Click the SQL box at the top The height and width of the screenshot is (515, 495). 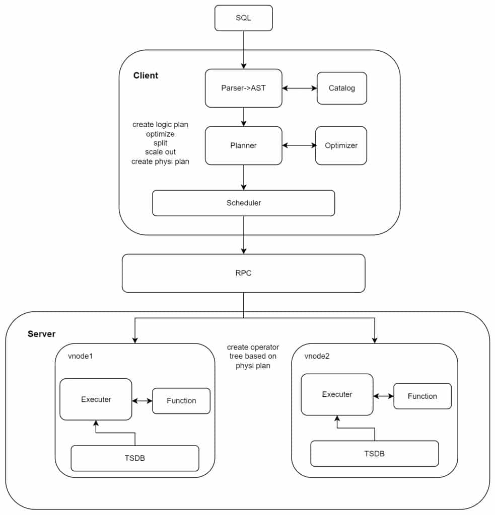tap(243, 18)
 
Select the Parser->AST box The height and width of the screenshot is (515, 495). tap(243, 88)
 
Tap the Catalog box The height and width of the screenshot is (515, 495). tap(342, 88)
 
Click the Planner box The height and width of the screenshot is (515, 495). tap(243, 145)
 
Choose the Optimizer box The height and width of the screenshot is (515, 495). tap(341, 145)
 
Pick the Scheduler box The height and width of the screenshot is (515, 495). tap(243, 203)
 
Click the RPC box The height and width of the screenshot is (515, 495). tap(243, 273)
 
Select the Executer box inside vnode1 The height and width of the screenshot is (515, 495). tap(96, 399)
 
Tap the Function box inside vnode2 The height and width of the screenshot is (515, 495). tap(422, 396)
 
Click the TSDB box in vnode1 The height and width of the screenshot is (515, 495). tap(135, 458)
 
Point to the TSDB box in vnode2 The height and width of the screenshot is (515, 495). tap(374, 453)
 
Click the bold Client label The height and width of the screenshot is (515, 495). tap(146, 75)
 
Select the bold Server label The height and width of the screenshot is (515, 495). tap(41, 334)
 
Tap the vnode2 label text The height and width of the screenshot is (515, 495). tap(317, 356)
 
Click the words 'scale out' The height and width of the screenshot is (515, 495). tap(160, 152)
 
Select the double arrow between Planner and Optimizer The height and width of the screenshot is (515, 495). tap(299, 145)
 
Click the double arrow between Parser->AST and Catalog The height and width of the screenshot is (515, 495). tap(299, 88)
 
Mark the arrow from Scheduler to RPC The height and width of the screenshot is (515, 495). tap(244, 235)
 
